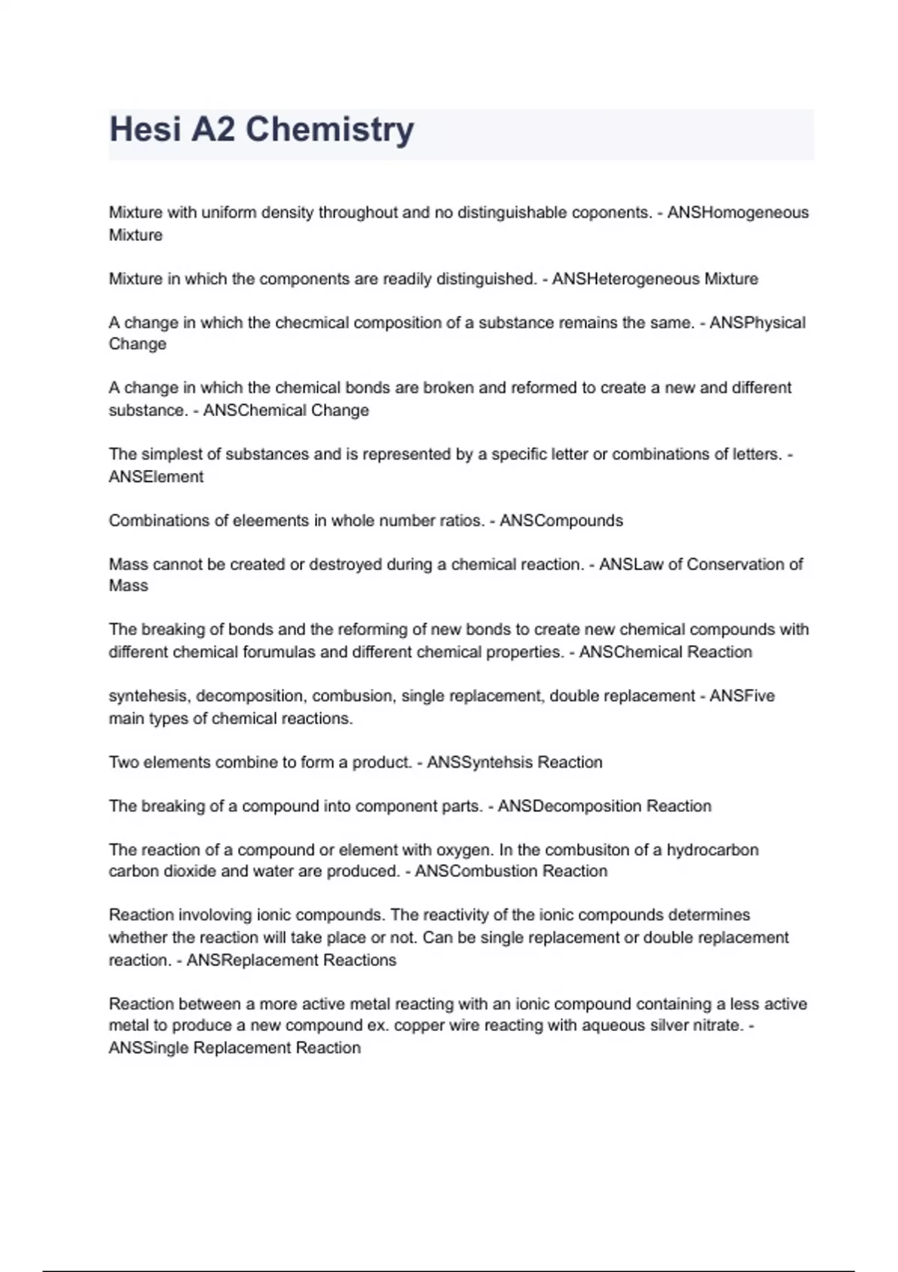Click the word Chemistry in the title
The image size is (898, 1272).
329,129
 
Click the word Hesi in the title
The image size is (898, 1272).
145,129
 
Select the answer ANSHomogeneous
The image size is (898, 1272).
738,212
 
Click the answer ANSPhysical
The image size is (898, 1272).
757,322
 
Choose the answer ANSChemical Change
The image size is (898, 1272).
286,410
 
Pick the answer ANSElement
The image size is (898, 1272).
156,477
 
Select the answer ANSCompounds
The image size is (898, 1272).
561,521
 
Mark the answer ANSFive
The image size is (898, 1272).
742,696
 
